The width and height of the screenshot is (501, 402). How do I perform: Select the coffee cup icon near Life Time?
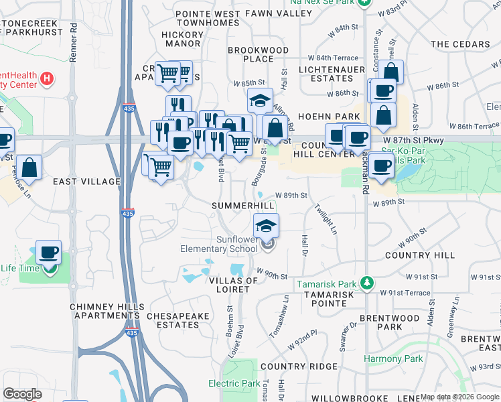[48, 253]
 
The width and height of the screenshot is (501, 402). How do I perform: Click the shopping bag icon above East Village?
[29, 166]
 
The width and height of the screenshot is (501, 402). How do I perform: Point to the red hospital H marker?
[46, 79]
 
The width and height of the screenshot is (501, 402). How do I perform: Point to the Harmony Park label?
[393, 358]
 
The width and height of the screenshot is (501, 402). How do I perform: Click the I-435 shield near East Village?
[128, 212]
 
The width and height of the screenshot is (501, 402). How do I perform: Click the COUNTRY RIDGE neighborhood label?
[299, 366]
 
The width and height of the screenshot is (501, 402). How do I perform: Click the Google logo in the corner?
[22, 394]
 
